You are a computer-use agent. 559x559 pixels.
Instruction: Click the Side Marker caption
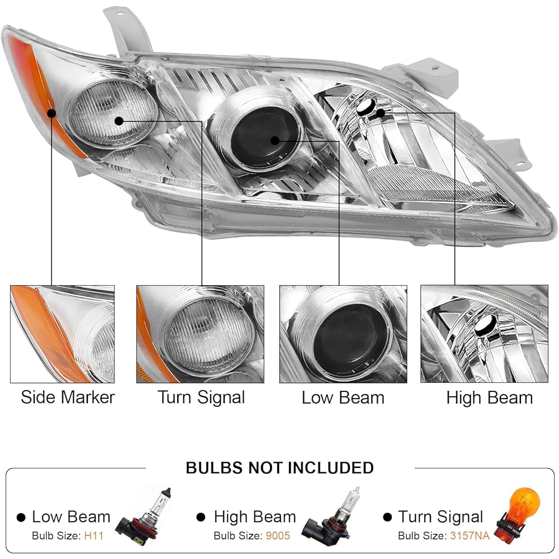pos(68,397)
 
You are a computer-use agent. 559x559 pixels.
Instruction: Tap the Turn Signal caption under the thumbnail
pos(201,398)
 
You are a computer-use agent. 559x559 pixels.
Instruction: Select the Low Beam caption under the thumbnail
pos(343,397)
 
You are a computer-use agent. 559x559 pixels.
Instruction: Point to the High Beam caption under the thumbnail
pos(490,398)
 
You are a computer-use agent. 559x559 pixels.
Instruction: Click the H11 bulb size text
pos(94,536)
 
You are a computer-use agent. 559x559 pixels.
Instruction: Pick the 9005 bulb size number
pos(278,536)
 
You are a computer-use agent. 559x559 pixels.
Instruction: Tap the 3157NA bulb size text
pos(470,536)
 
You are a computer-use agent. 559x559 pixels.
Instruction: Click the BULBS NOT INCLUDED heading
pos(280,468)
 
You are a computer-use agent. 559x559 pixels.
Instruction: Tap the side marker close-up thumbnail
pos(63,334)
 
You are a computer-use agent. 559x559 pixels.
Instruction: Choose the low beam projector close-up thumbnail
pos(343,334)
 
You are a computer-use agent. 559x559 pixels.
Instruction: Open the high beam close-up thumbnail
pos(484,334)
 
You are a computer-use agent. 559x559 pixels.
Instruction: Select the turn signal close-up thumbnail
pos(200,334)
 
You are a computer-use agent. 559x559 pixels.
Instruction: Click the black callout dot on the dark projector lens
pos(275,140)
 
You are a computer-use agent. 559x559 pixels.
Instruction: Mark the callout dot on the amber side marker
pos(51,113)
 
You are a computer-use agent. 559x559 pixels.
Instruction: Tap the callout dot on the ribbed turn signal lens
pos(119,121)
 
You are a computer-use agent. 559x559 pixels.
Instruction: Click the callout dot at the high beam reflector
pos(381,113)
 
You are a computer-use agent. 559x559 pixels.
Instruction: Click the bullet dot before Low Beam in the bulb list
pos(21,517)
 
